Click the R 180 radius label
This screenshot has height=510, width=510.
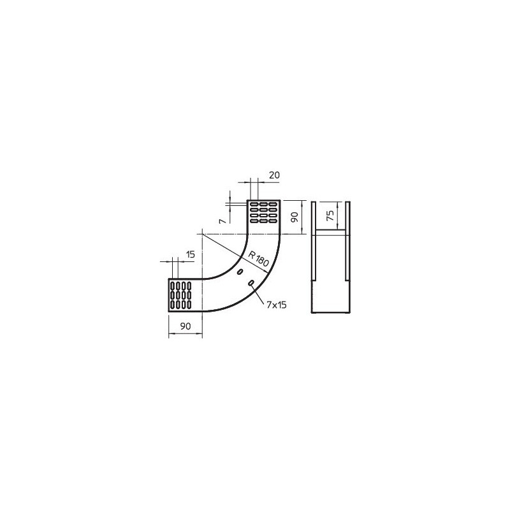(x=259, y=259)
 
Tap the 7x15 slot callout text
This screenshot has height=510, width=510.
(x=277, y=305)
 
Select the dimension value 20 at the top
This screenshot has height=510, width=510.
(x=275, y=175)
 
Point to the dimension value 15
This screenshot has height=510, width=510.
(x=190, y=254)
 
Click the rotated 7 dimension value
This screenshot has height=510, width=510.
(x=222, y=221)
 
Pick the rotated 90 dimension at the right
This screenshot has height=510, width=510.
(x=295, y=217)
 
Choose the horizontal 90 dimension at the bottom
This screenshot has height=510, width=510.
(x=186, y=326)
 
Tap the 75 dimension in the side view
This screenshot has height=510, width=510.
(x=330, y=215)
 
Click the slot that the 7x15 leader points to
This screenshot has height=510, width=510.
(x=251, y=283)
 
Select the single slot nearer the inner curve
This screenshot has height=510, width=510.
(x=240, y=272)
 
